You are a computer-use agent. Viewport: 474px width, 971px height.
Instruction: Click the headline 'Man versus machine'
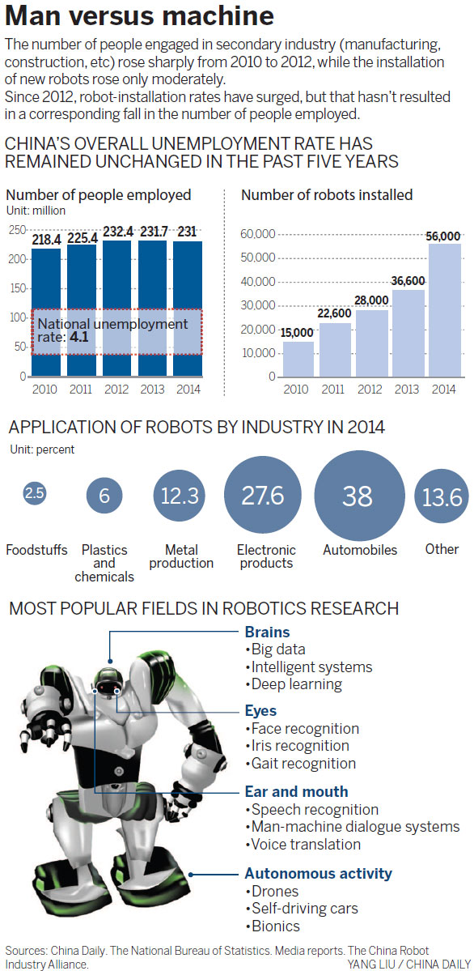(x=139, y=18)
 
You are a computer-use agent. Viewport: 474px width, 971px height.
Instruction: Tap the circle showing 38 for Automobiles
(x=358, y=496)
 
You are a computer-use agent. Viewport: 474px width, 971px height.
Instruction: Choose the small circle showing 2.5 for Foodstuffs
(x=35, y=493)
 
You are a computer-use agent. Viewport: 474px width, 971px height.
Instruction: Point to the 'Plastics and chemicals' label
(x=104, y=563)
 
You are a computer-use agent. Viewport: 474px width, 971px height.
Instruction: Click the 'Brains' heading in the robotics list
(x=267, y=632)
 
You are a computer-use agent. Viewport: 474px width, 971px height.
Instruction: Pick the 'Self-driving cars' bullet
(x=303, y=908)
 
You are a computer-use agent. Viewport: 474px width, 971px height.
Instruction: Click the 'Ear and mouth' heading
(x=296, y=791)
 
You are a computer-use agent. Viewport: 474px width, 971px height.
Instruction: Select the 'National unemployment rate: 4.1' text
(x=113, y=330)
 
